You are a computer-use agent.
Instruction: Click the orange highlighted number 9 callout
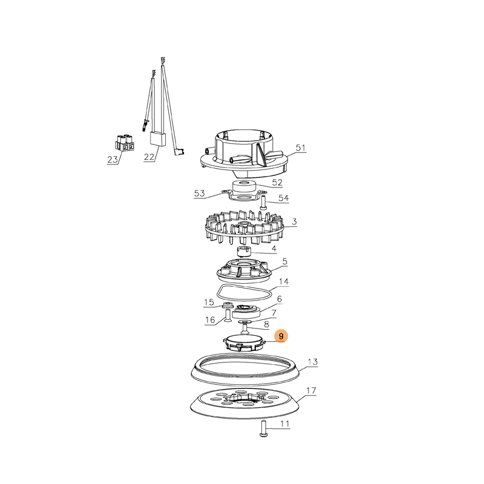tap(281, 336)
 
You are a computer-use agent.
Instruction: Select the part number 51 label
tap(300, 148)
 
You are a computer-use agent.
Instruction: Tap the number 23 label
tap(113, 160)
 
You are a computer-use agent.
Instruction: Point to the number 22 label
tap(149, 157)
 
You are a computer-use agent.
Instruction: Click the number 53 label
tap(200, 194)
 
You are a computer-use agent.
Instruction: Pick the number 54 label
tap(283, 198)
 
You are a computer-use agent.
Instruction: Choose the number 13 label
tap(313, 362)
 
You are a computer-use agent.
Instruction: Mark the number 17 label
tap(311, 390)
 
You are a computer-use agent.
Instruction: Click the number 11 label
tap(284, 424)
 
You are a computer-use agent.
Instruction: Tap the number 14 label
tap(283, 281)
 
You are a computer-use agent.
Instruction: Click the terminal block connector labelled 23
tap(125, 144)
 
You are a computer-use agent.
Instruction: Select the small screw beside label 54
tap(263, 203)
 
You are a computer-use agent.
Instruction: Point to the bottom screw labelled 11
tap(263, 429)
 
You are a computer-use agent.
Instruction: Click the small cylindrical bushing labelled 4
tap(243, 251)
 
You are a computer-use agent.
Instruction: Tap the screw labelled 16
tap(227, 316)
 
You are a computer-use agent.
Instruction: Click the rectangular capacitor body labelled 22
tap(158, 139)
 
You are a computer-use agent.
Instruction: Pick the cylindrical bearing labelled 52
tap(244, 186)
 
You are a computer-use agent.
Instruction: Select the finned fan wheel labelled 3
tap(244, 227)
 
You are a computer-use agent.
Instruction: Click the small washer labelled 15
tap(228, 306)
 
